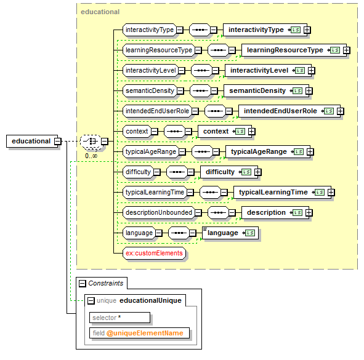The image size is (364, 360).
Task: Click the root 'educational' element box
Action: (32, 141)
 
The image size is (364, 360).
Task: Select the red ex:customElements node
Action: (154, 253)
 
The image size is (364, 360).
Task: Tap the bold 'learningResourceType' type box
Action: (294, 50)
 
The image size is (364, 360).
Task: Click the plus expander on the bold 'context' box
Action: (252, 132)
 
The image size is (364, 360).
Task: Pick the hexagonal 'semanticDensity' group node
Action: (150, 90)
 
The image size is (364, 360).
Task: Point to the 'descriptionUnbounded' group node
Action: (159, 212)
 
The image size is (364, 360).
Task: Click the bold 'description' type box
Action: (275, 212)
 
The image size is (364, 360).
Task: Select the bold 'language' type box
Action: (230, 233)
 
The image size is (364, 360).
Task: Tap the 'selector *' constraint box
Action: (119, 318)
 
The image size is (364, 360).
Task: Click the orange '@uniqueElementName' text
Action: (145, 333)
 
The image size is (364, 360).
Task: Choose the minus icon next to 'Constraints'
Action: (83, 284)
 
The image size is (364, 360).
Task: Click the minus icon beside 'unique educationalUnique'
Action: (91, 301)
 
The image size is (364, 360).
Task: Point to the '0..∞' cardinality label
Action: (91, 156)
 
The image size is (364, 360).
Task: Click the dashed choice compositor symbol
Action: (91, 142)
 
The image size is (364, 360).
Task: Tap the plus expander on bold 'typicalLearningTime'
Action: (331, 192)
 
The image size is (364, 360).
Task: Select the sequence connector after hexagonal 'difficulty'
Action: (177, 172)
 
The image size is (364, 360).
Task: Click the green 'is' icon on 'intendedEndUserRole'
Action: (329, 111)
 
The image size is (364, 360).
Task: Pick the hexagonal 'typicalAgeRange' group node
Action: (151, 152)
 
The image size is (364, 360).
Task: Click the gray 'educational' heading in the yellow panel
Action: (100, 12)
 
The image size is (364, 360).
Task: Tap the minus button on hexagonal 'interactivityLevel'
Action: (182, 71)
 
